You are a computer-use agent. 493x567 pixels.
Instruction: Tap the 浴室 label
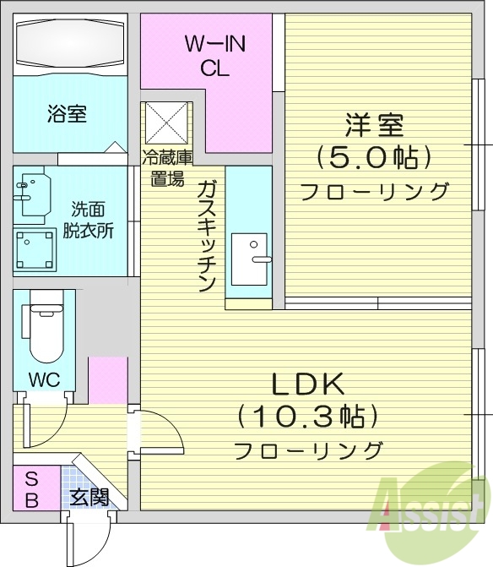click(x=67, y=113)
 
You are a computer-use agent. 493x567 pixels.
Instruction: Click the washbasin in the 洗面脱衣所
click(x=31, y=193)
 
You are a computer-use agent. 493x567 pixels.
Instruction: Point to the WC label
click(x=43, y=379)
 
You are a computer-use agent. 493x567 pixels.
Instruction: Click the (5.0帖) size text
click(x=374, y=156)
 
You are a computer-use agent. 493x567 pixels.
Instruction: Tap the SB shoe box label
click(x=31, y=489)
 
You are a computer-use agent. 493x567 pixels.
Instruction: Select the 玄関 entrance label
click(x=89, y=497)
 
